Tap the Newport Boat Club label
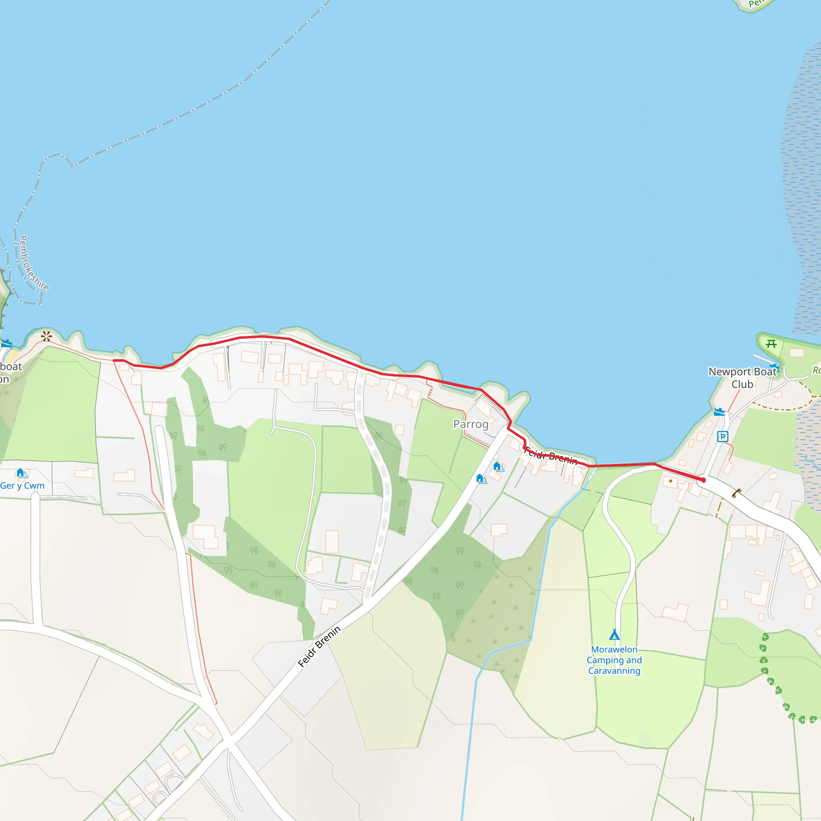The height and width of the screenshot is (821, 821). point(742,377)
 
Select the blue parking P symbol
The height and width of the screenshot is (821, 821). point(722,437)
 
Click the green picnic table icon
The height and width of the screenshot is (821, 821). point(771,344)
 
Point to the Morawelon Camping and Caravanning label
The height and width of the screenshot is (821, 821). point(614,660)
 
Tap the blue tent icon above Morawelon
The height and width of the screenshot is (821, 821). point(614,635)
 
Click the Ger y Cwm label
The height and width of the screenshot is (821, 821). point(22,486)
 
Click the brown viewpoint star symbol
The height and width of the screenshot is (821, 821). point(47,337)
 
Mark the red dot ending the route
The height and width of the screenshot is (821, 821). point(703,480)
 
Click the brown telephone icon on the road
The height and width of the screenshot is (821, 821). point(736,493)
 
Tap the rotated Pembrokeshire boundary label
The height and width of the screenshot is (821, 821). point(34,263)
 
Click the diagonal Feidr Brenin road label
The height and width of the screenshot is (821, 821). point(319,646)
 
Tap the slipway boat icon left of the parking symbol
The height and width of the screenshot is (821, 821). point(719,412)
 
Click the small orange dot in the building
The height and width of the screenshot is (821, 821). point(671,481)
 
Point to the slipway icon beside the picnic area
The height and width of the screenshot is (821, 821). point(774,366)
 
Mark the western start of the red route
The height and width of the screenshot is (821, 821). point(114,360)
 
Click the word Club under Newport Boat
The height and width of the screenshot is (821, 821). point(742,384)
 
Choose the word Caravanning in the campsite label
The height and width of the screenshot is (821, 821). point(614,671)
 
